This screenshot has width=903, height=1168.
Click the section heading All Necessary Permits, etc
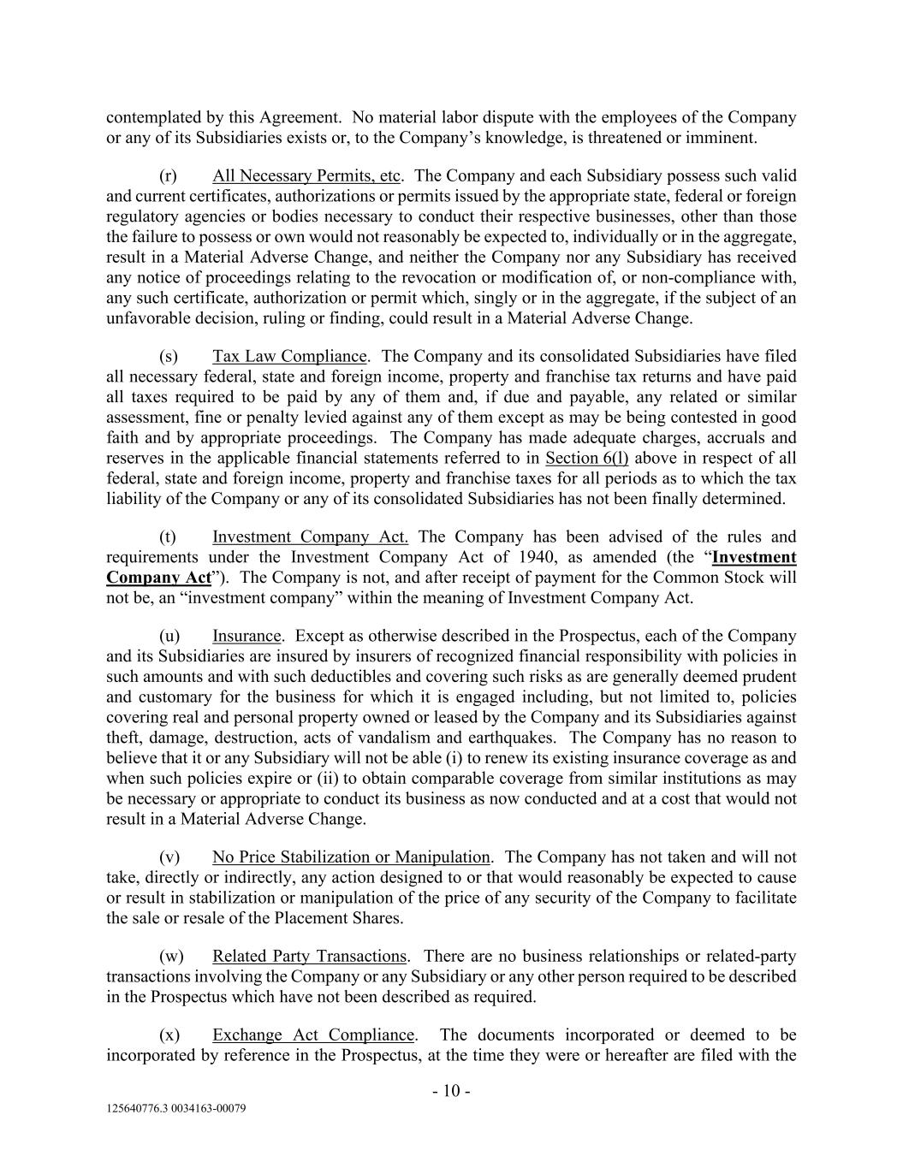coord(306,175)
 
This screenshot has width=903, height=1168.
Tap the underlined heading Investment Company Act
coord(310,537)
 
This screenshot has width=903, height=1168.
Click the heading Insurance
coord(247,636)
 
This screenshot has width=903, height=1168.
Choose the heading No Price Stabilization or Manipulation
coord(351,857)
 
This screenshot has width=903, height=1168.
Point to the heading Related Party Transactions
coord(309,956)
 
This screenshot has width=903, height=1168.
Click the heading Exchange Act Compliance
coord(313,1035)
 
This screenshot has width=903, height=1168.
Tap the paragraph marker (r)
coord(169,175)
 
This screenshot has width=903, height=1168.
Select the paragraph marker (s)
coord(169,356)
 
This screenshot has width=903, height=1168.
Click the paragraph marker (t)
coord(168,537)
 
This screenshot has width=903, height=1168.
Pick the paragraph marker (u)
coord(169,636)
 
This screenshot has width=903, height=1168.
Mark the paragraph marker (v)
coord(169,857)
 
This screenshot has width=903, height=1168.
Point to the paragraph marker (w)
coord(171,956)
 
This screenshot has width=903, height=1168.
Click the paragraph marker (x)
coord(169,1035)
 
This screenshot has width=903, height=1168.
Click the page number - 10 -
coord(451,1091)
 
